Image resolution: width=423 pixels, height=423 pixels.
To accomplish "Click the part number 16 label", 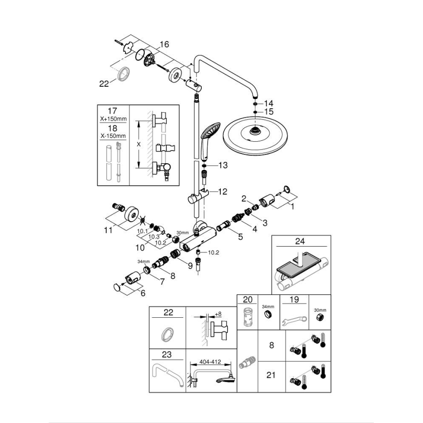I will (164, 44).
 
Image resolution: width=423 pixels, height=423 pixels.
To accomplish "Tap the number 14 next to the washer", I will (269, 103).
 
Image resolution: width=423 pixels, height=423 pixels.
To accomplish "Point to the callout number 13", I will (223, 166).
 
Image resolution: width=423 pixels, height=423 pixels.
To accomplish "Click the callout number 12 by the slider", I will (222, 192).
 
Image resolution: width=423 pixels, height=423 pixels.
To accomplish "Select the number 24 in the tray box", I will (299, 241).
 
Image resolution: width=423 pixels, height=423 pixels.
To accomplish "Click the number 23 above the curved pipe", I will (168, 355).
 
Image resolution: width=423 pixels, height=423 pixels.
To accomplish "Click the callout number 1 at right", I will (293, 207).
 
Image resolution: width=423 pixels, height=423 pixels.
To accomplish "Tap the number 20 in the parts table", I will (247, 300).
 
